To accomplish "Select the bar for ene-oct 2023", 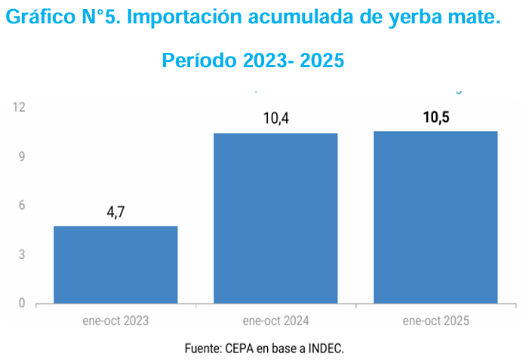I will pyautogui.click(x=115, y=265).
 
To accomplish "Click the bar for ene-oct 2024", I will pyautogui.click(x=275, y=219).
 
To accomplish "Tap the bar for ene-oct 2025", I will pyautogui.click(x=435, y=217).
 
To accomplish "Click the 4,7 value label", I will pyautogui.click(x=115, y=212).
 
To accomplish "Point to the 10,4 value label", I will pyautogui.click(x=276, y=118).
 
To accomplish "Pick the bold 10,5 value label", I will pyautogui.click(x=436, y=117).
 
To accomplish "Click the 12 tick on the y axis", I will pyautogui.click(x=19, y=107).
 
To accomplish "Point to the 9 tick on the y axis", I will pyautogui.click(x=22, y=156).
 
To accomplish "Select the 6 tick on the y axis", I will pyautogui.click(x=22, y=205).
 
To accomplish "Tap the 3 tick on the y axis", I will pyautogui.click(x=22, y=254).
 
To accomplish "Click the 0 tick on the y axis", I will pyautogui.click(x=22, y=303).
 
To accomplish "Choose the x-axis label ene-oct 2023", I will pyautogui.click(x=115, y=321).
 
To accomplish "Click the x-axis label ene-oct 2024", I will pyautogui.click(x=275, y=321).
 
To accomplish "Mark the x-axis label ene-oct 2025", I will pyautogui.click(x=435, y=321).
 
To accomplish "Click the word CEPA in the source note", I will pyautogui.click(x=240, y=349).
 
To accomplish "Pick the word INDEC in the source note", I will pyautogui.click(x=326, y=349).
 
